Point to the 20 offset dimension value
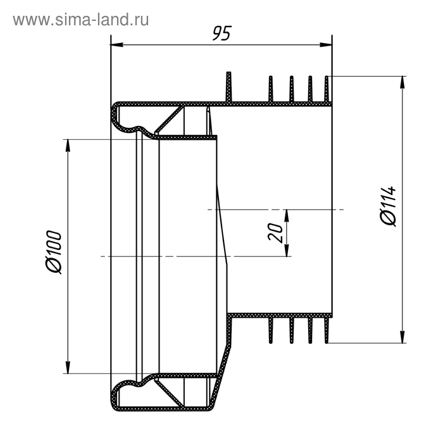275,232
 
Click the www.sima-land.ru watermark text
81,20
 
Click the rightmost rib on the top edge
327,89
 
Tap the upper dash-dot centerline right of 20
316,209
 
